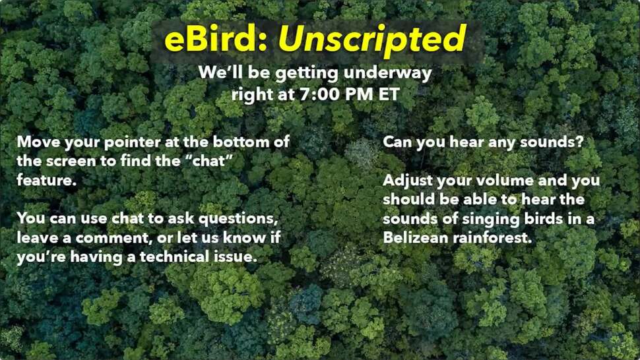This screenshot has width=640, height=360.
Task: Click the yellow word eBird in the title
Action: point(216,39)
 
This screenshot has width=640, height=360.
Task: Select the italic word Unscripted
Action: point(372,40)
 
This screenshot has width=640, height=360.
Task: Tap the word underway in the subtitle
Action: point(387,74)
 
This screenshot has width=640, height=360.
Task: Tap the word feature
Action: point(47,180)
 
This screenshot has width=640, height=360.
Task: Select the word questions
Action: point(238,219)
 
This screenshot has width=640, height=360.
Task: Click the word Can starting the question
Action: point(397,142)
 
